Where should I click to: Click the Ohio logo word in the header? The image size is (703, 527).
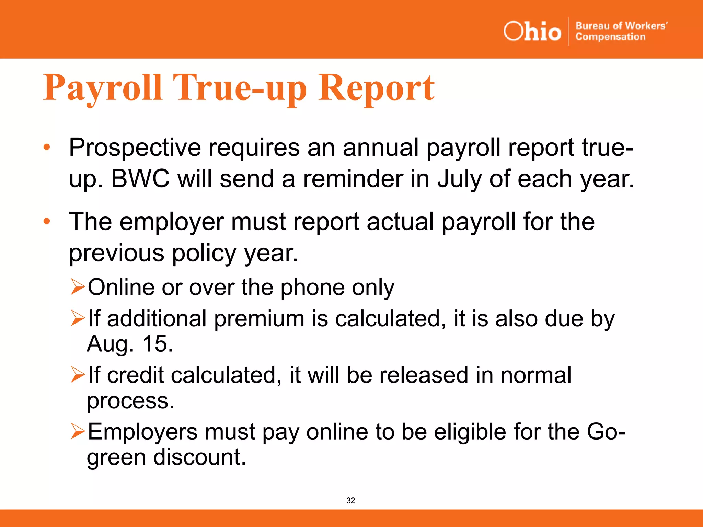tap(532, 32)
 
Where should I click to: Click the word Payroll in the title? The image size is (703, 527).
tap(102, 88)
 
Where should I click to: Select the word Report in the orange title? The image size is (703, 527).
tap(376, 88)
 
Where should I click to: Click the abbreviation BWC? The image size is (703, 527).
tap(140, 179)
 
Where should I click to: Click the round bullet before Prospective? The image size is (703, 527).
tap(47, 148)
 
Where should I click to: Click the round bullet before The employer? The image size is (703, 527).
tap(47, 221)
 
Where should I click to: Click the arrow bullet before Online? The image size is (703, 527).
tap(78, 287)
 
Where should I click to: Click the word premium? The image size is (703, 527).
tap(259, 319)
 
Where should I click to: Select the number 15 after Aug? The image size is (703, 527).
tap(157, 343)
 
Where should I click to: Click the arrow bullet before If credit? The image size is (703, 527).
tap(78, 374)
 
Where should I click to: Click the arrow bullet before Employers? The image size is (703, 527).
tap(78, 431)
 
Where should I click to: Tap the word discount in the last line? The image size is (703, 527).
tap(199, 457)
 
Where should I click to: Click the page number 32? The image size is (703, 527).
tap(350, 501)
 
